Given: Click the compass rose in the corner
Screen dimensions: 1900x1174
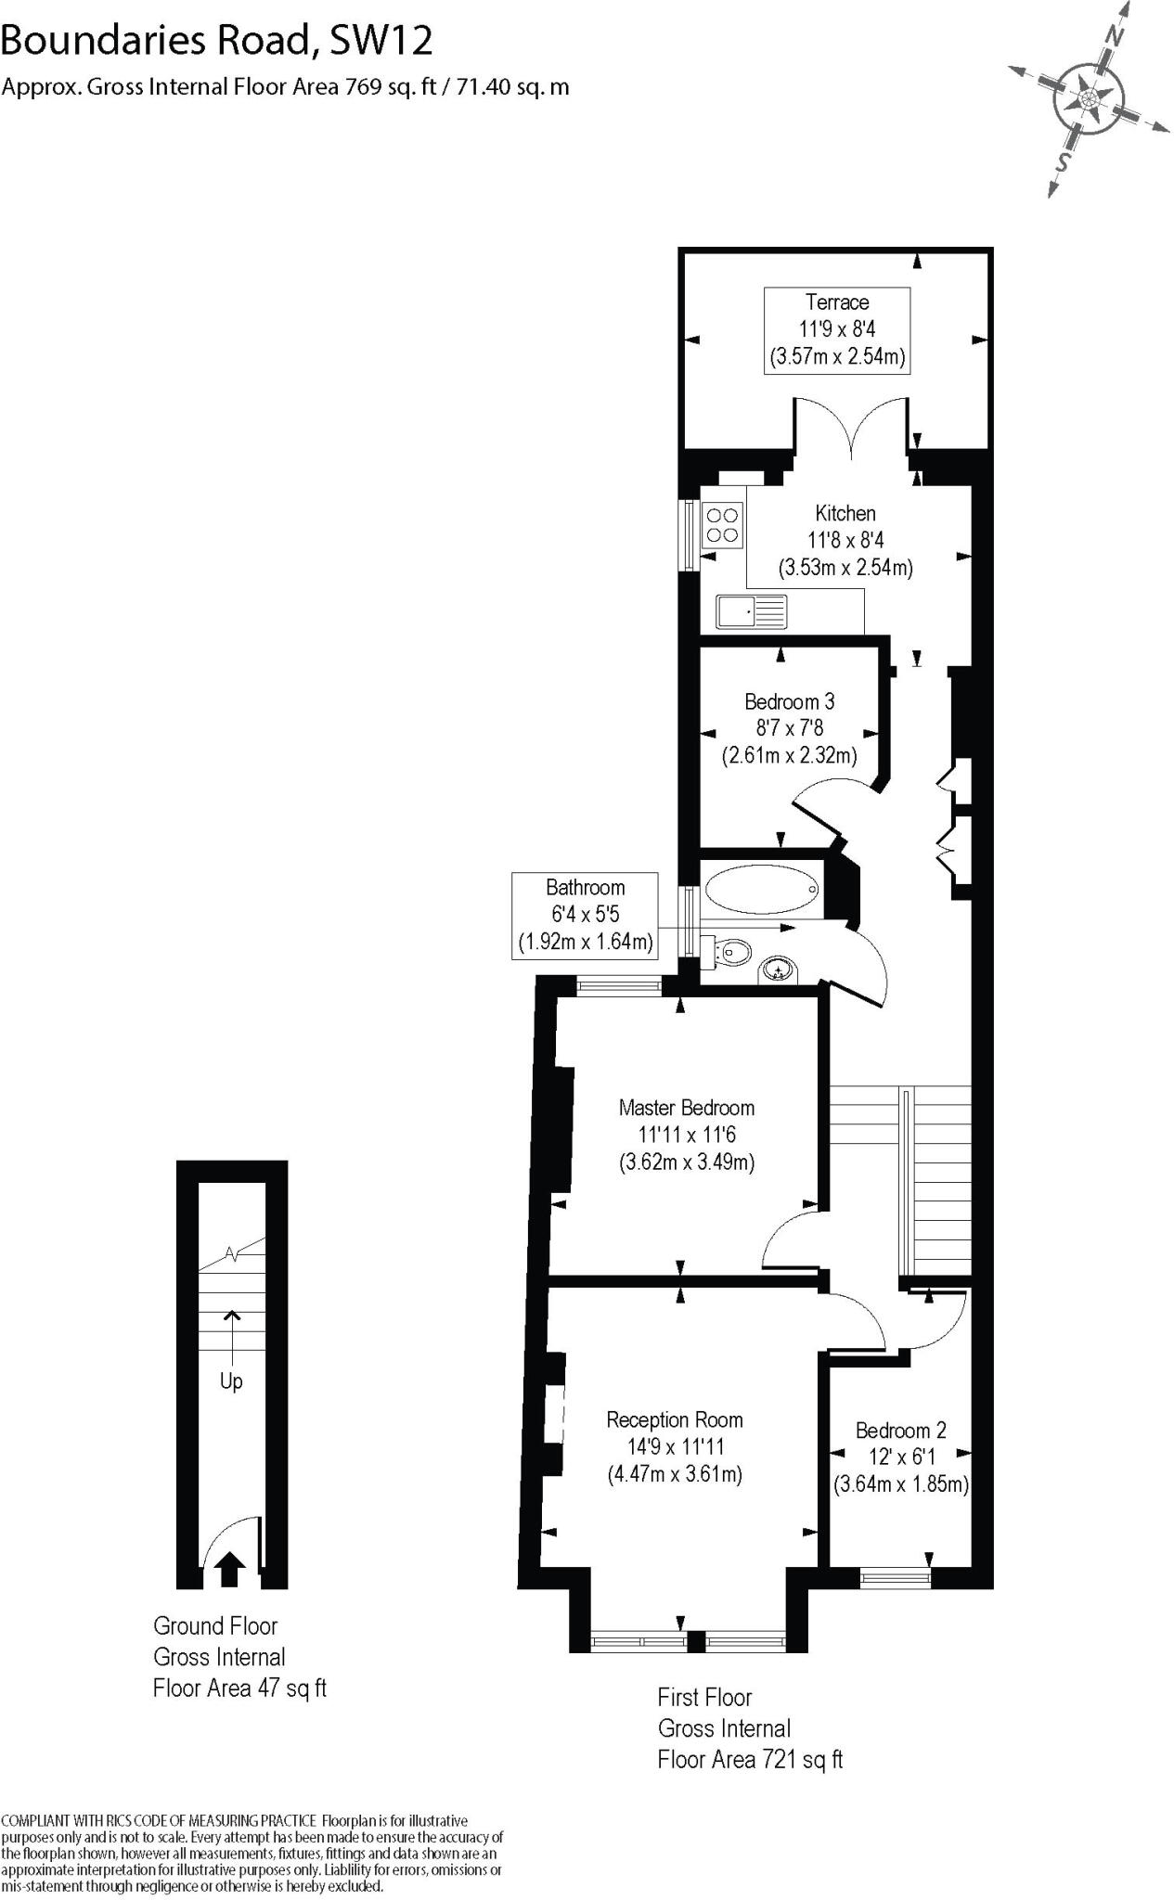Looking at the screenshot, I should pos(1088,97).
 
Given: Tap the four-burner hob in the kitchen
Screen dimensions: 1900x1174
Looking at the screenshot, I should pos(723,524).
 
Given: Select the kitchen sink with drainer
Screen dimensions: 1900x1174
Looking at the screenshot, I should pos(751,611).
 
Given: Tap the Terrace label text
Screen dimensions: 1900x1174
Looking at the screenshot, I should pos(837,302).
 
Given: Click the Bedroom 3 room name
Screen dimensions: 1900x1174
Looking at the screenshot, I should pos(789,701).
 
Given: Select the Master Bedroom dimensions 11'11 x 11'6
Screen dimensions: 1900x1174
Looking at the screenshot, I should pos(687,1134).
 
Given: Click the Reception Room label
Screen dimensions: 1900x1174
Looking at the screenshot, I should pos(675,1419).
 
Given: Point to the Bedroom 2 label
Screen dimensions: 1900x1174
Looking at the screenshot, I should pos(900,1431).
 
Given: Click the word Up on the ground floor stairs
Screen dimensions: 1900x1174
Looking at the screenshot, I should pos(231,1381).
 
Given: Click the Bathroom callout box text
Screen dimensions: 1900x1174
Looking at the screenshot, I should pos(585,915).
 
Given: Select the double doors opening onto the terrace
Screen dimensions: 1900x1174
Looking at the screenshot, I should pos(849,427).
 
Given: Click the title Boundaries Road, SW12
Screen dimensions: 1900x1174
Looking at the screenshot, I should pos(217,40).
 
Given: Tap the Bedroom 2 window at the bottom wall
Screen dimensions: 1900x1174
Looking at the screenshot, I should pos(895,1573).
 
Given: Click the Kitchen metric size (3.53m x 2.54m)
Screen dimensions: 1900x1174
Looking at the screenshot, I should pos(845,567).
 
